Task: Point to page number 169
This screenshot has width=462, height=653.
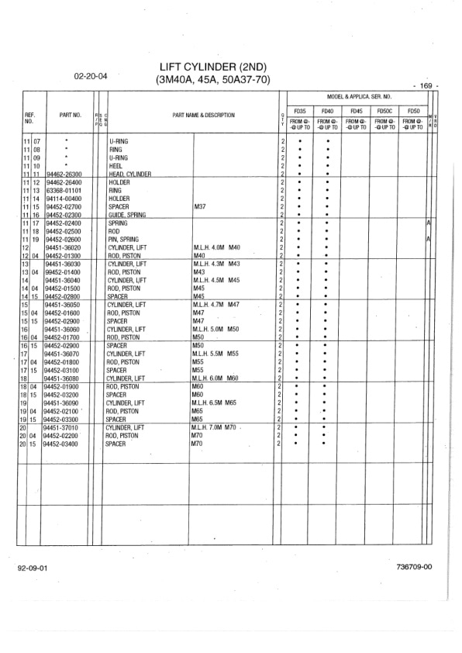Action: (x=426, y=85)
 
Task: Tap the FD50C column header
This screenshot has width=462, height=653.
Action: (x=385, y=111)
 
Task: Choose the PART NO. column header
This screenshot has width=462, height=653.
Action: (x=70, y=116)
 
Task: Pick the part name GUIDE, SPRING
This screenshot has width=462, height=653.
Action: (x=126, y=215)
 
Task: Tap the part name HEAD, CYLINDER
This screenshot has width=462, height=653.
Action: (x=129, y=174)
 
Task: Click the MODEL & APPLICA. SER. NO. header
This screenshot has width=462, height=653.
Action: (x=358, y=96)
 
